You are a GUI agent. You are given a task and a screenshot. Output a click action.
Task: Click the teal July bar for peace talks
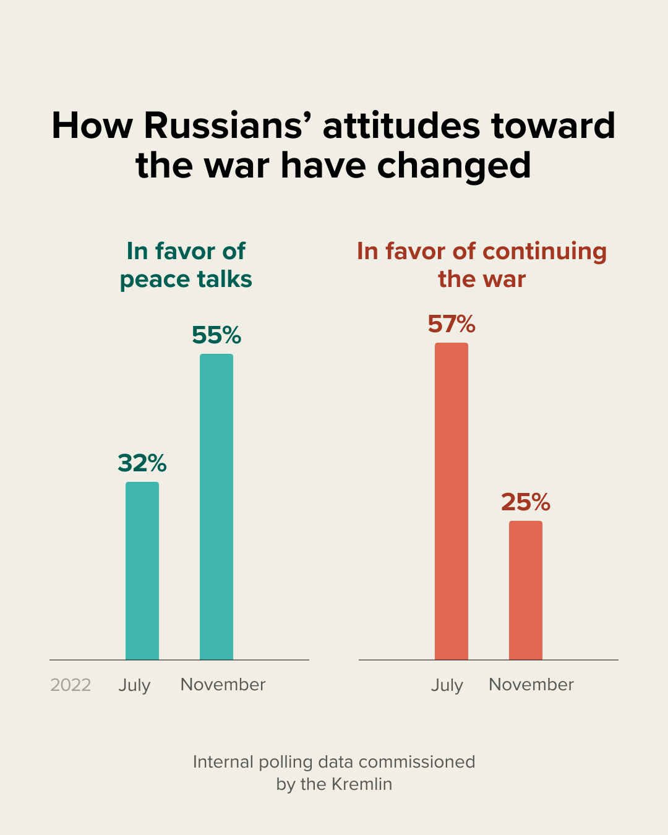(142, 570)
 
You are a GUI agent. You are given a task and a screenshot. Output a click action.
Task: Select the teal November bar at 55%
(216, 507)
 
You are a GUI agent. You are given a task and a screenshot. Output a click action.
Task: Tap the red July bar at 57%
(452, 501)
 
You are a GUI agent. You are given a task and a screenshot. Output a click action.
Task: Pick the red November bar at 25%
(526, 590)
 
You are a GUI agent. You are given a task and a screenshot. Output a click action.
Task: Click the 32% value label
(142, 463)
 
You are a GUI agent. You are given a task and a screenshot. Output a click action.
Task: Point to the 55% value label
(216, 335)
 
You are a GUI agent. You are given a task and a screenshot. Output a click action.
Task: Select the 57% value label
(452, 324)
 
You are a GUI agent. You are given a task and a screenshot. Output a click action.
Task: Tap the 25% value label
(526, 502)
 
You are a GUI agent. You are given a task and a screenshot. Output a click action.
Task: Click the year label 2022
(71, 685)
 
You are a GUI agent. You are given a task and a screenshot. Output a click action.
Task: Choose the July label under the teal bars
(135, 685)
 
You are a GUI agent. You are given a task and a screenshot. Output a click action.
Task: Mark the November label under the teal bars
(223, 685)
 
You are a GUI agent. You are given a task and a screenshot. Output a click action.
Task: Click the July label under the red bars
(447, 685)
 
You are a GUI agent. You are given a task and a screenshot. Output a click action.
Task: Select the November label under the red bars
(531, 685)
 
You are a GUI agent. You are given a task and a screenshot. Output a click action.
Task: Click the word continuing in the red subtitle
(544, 251)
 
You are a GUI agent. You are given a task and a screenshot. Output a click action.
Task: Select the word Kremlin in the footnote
(362, 784)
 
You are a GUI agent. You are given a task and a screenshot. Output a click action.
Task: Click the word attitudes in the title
(401, 126)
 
